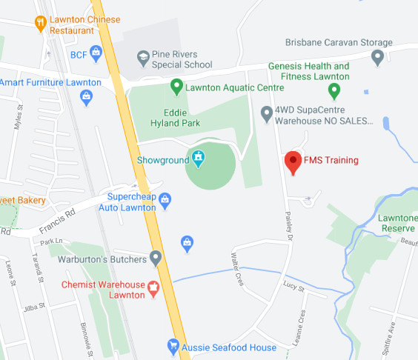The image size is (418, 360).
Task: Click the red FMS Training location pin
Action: click(293, 162)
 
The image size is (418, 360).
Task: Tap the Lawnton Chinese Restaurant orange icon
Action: click(41, 23)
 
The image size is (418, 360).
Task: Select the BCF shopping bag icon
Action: click(96, 53)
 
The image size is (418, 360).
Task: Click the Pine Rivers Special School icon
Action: click(143, 57)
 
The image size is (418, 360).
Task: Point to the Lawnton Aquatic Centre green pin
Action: click(176, 87)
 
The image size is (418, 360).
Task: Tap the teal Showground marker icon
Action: click(199, 157)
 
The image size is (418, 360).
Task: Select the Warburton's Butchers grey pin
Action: click(155, 258)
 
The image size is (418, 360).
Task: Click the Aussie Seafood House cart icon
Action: click(173, 345)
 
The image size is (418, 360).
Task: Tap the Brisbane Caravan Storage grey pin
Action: click(378, 56)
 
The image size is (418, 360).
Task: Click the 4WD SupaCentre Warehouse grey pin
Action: click(267, 113)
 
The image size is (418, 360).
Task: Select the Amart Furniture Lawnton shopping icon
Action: click(87, 96)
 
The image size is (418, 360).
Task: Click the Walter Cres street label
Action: click(237, 262)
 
